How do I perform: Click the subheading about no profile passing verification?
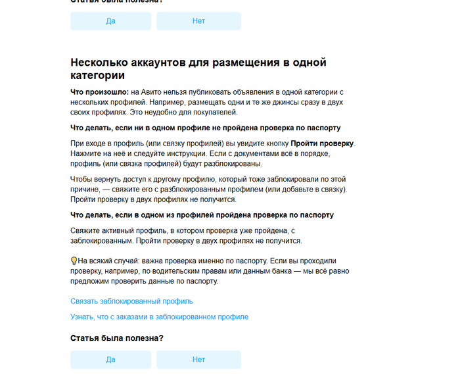coord(205,128)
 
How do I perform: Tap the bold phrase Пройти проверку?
coord(322,143)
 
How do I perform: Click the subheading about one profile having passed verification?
coord(202,215)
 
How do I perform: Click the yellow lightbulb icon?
coord(74,261)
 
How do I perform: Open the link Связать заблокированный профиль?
coord(131,301)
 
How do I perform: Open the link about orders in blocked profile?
coord(159,317)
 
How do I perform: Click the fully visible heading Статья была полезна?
coord(117,338)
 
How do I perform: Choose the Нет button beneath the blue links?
coord(198,359)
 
